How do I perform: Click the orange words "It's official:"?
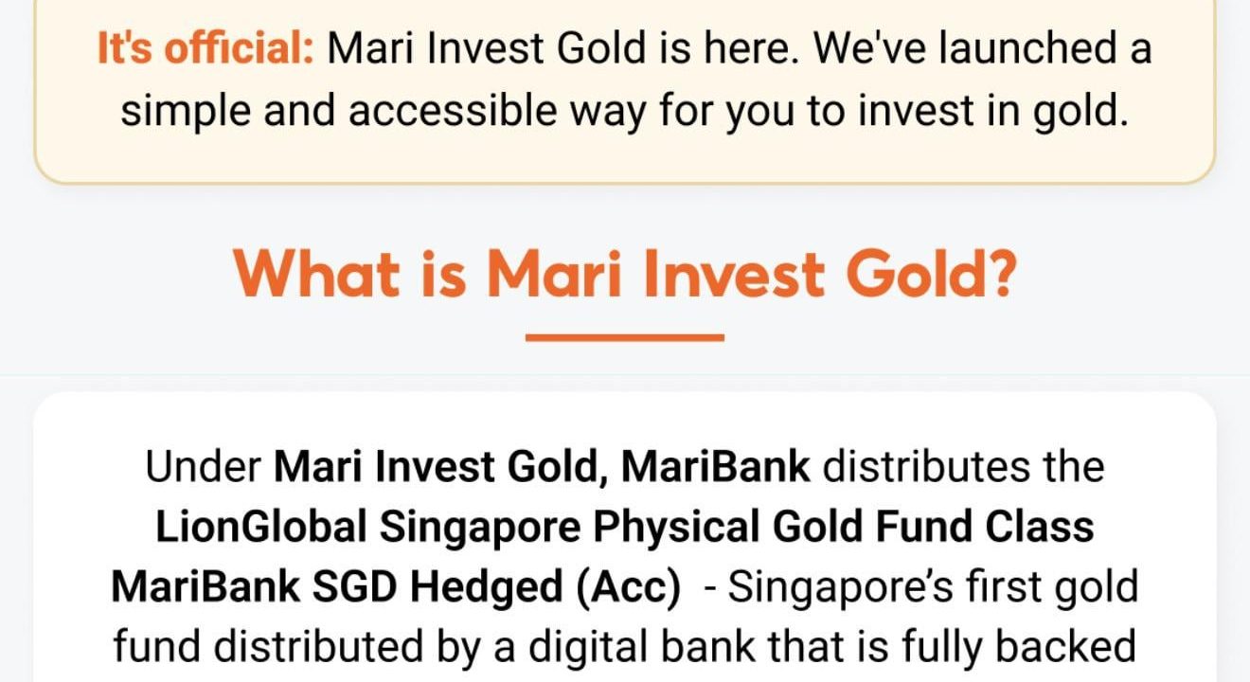point(205,48)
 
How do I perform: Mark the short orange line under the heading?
point(625,336)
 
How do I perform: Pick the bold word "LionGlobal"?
point(260,527)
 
